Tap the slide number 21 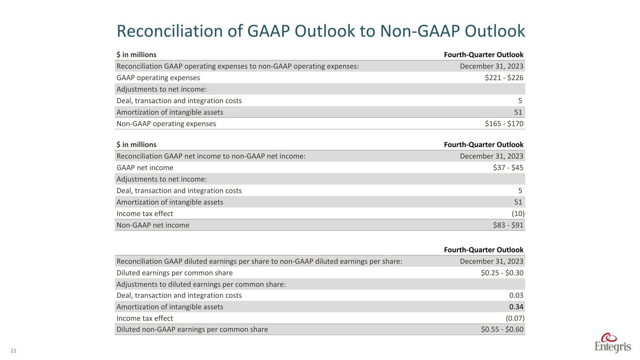tap(13, 351)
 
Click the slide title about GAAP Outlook tap(320, 31)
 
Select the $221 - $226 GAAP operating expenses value tap(504, 78)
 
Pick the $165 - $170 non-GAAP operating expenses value tap(504, 124)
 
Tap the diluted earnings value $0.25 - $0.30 tap(502, 273)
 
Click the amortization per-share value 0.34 tap(516, 307)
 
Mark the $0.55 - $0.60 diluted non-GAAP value tap(502, 330)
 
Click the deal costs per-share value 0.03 tap(516, 295)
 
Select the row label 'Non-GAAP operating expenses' tap(166, 124)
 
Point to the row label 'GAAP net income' tap(144, 168)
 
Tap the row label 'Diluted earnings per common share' tap(174, 273)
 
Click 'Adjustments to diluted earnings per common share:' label tap(201, 284)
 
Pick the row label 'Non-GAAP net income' tap(152, 225)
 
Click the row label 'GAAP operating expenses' tap(158, 78)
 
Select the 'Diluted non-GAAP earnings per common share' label tap(192, 330)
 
